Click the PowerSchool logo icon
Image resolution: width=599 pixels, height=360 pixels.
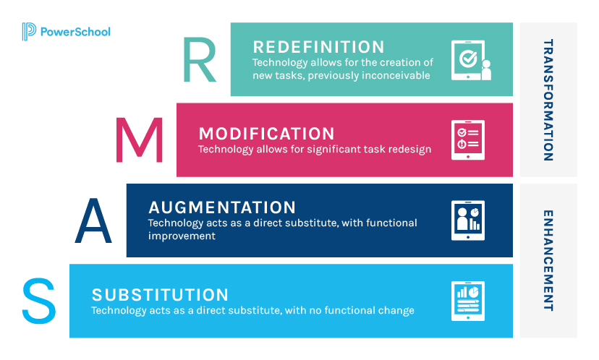(x=29, y=32)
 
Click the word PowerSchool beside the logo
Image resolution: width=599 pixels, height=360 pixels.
(x=75, y=32)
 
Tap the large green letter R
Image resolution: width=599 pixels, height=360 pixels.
(x=200, y=59)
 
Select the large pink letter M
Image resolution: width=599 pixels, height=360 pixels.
(x=140, y=140)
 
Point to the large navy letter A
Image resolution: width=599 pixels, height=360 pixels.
(x=93, y=220)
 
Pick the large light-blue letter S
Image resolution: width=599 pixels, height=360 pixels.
(x=39, y=301)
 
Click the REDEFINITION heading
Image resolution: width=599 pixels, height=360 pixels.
(x=318, y=47)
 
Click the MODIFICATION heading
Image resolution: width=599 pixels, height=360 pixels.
(x=267, y=134)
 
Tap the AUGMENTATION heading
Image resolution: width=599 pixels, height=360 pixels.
(x=222, y=207)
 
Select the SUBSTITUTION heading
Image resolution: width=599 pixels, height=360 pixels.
(x=161, y=295)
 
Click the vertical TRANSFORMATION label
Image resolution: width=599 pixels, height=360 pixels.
(x=548, y=100)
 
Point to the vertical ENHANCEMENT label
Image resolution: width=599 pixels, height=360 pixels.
(x=548, y=260)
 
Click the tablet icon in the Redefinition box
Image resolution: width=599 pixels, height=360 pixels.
(x=471, y=60)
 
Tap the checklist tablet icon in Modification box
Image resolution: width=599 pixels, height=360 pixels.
(x=468, y=140)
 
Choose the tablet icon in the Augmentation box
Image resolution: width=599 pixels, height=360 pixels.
(x=468, y=220)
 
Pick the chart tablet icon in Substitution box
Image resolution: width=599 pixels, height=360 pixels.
(x=468, y=301)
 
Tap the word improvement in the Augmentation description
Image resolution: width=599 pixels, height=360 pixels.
(x=182, y=236)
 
